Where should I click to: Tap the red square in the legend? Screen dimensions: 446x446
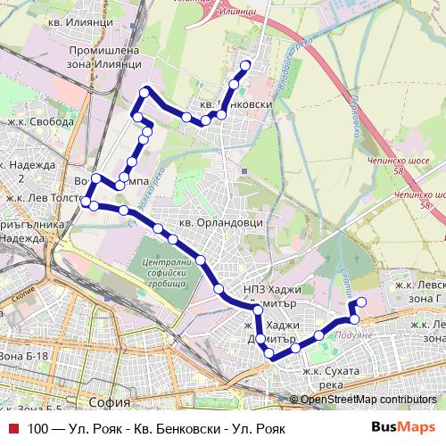coord(12,428)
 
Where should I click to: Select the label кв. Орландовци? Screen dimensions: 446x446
coord(211,223)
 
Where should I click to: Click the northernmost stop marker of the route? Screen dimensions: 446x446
coord(245,65)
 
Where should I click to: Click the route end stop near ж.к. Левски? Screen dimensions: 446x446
coord(360,303)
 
